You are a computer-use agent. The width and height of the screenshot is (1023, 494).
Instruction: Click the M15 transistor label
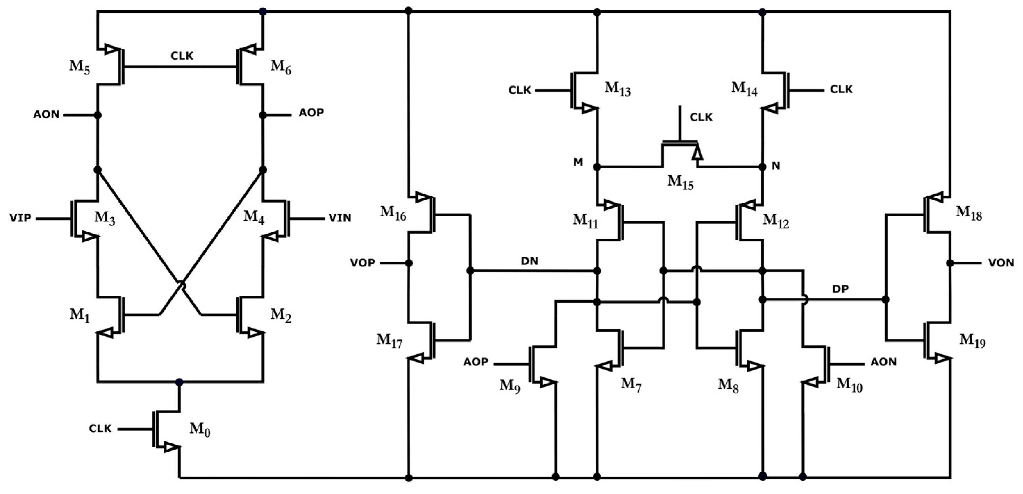click(680, 182)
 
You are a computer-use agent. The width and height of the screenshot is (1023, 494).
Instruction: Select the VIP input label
click(20, 218)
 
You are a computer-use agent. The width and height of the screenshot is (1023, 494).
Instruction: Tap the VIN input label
click(340, 218)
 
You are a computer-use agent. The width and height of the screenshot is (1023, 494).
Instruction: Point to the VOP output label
click(363, 263)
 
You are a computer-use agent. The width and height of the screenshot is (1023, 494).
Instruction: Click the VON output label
click(1001, 263)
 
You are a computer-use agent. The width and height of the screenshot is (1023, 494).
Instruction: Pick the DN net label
click(529, 261)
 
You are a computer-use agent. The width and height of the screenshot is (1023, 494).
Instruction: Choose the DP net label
click(840, 289)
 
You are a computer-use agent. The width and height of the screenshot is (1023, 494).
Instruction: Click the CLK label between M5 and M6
click(182, 56)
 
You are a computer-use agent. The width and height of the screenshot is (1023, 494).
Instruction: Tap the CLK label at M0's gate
click(100, 428)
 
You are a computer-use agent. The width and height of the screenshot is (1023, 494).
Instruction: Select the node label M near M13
click(578, 162)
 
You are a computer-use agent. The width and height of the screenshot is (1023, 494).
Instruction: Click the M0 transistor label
click(200, 429)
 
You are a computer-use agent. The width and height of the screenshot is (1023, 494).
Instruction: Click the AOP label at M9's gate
click(476, 362)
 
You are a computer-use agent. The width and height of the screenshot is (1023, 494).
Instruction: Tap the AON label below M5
click(46, 115)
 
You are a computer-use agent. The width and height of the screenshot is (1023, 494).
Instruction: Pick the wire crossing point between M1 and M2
click(181, 285)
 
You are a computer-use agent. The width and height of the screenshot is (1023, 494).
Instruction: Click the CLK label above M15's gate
click(701, 117)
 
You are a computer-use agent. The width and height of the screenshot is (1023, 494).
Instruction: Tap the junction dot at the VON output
click(950, 263)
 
